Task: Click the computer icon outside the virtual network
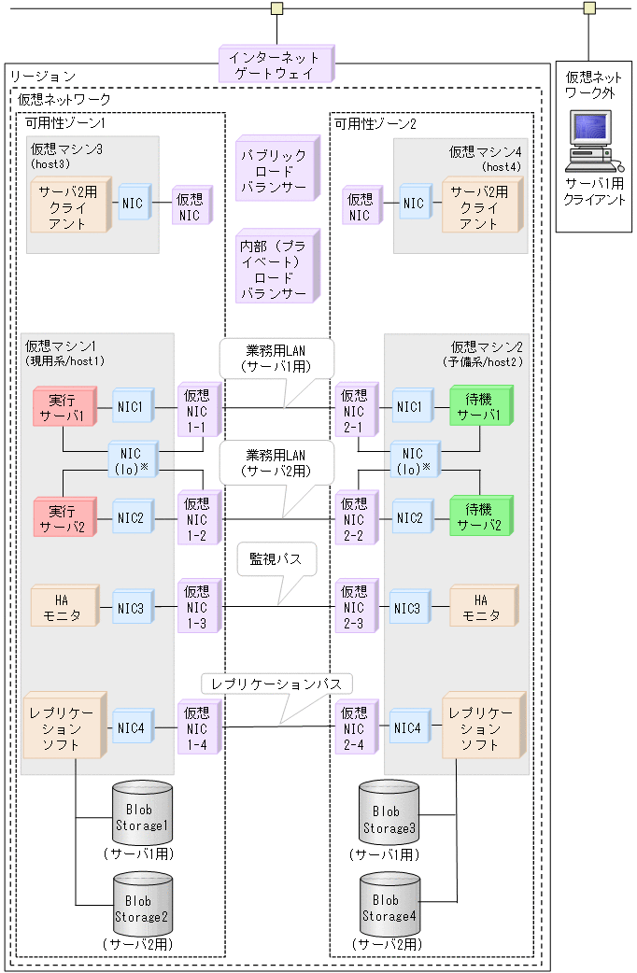click(x=590, y=139)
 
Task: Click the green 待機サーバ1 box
click(x=480, y=408)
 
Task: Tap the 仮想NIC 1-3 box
click(x=197, y=607)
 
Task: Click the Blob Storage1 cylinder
click(x=142, y=813)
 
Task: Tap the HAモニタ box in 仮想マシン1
click(x=62, y=607)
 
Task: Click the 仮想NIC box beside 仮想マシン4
click(x=360, y=207)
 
